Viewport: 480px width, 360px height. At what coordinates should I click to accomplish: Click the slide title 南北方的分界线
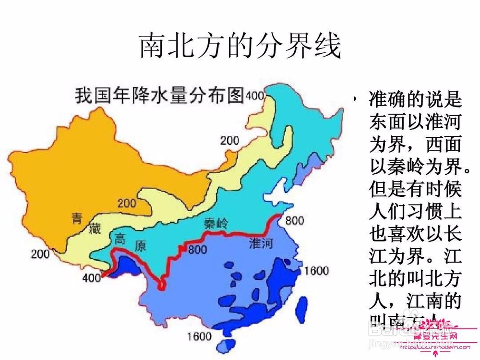tap(240, 47)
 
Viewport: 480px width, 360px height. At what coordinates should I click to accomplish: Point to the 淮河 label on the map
tap(261, 243)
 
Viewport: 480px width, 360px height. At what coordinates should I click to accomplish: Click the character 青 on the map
tap(77, 218)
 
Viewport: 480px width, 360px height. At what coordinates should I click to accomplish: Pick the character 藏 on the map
tap(95, 229)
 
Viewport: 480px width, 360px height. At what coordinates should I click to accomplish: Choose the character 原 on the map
tap(140, 246)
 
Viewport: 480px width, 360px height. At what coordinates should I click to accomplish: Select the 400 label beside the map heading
tap(255, 96)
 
